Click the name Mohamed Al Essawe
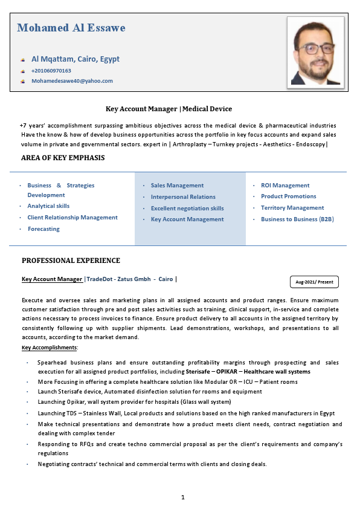coord(71,28)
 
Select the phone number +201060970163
coord(51,71)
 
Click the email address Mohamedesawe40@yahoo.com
coord(72,80)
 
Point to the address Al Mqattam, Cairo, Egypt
coord(76,59)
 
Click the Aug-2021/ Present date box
coord(314,282)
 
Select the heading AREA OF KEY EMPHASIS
coord(63,158)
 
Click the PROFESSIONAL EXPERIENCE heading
coord(71,261)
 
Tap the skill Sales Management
coord(177,186)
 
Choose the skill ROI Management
coord(285,186)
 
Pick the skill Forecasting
coord(43,229)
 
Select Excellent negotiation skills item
coord(187,208)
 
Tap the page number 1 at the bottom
coord(182,497)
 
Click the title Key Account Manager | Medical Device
coord(169,109)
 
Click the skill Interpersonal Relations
coord(183,197)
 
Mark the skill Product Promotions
coord(288,196)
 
